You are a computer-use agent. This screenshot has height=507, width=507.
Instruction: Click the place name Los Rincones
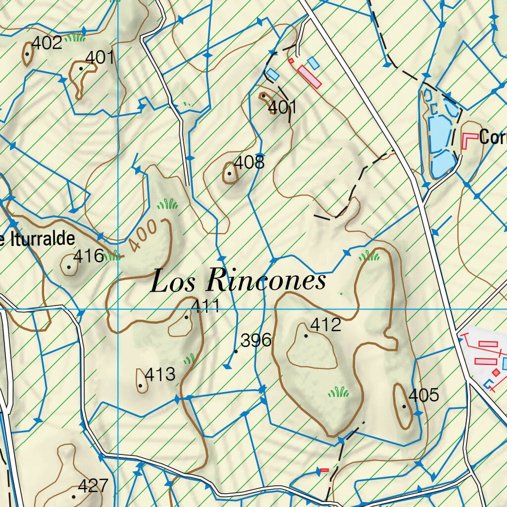pos(238,281)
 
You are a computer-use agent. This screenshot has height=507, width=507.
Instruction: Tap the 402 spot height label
pos(47,43)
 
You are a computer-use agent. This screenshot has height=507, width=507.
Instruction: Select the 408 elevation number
pos(249,162)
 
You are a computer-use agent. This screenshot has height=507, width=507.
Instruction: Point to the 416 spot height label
pos(88,256)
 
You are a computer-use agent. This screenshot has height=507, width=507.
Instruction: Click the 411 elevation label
pos(205,306)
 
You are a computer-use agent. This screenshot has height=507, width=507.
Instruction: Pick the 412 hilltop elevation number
pos(325,325)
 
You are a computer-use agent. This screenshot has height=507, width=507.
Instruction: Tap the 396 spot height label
pos(255,340)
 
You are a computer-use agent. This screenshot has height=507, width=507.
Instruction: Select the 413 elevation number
pos(159,374)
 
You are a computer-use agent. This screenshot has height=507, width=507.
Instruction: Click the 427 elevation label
pos(93,486)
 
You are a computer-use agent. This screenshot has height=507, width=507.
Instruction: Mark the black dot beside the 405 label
pos(404,406)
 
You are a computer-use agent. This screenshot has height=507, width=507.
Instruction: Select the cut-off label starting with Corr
pos(492,138)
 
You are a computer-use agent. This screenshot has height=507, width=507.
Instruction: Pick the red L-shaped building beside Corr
pos(467,140)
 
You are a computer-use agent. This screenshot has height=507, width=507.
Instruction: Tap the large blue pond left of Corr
pos(439,134)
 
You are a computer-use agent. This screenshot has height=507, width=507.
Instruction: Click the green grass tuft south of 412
pos(338,393)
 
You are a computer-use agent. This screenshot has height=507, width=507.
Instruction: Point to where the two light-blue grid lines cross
pos(118,309)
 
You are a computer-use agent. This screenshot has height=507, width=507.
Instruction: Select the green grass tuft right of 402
pos(75,38)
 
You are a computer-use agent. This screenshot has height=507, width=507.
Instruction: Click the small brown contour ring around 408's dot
pos(230,173)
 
